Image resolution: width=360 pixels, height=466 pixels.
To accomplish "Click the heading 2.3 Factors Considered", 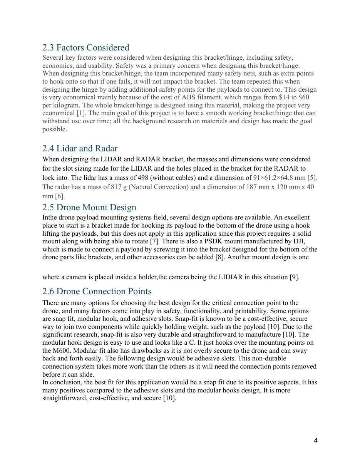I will tap(85, 48).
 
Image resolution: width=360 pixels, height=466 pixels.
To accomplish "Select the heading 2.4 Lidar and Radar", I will tap(80, 149).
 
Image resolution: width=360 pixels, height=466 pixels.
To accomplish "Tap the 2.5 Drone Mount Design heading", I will tap(89, 208).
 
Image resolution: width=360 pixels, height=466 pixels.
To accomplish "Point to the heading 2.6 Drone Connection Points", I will tap(97, 292).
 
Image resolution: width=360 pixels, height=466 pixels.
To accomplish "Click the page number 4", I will tap(316, 441).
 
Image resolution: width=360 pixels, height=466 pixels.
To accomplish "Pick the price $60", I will tap(304, 97).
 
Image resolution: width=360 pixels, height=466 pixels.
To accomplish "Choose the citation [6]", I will tap(60, 196).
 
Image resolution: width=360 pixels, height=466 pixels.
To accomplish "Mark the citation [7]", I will tap(154, 241).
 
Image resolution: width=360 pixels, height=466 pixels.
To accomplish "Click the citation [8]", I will tap(220, 257).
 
